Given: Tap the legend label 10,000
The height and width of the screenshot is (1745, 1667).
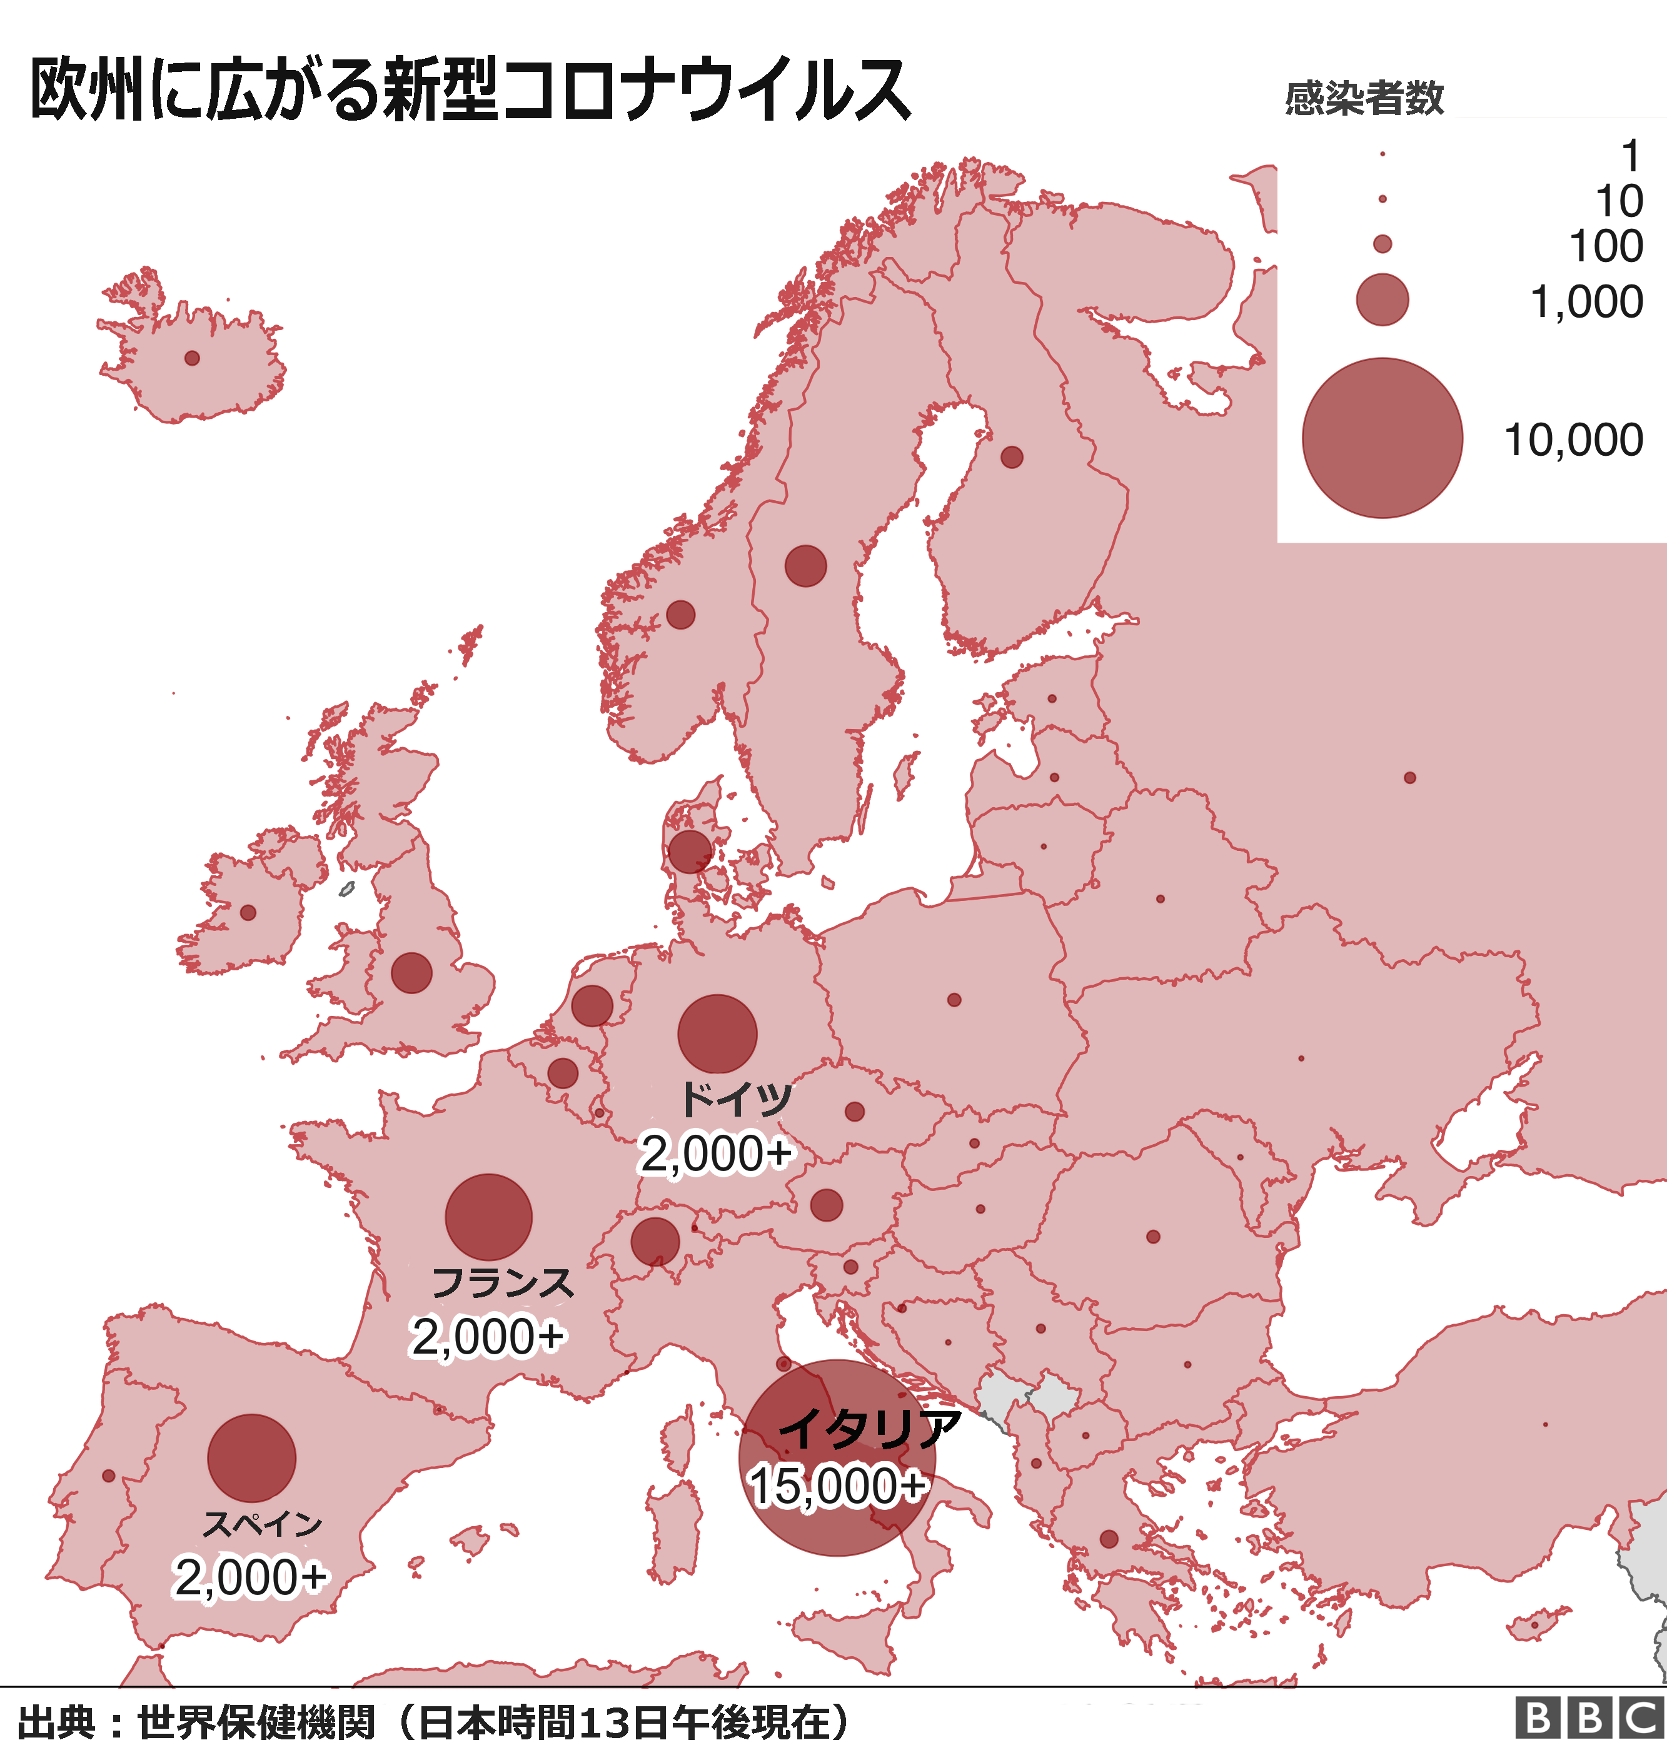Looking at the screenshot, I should pyautogui.click(x=1573, y=440).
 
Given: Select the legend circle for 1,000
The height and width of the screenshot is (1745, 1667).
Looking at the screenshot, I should pyautogui.click(x=1382, y=299).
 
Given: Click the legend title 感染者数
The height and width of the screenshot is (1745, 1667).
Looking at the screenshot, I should pyautogui.click(x=1364, y=98).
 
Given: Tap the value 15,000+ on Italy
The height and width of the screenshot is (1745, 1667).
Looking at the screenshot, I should pyautogui.click(x=837, y=1486).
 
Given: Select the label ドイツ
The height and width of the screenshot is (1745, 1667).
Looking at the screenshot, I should pyautogui.click(x=736, y=1100).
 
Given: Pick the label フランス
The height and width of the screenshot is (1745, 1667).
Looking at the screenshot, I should pyautogui.click(x=503, y=1284).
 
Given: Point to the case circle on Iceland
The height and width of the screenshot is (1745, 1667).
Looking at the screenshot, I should pyautogui.click(x=192, y=358).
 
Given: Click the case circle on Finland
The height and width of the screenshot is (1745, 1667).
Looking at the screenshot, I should pyautogui.click(x=1011, y=456).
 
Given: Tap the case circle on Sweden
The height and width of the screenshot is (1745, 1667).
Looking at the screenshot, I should pyautogui.click(x=805, y=566).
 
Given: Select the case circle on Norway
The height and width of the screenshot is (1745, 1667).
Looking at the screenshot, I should pyautogui.click(x=680, y=614).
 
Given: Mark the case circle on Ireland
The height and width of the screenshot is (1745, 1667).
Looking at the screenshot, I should pyautogui.click(x=248, y=912).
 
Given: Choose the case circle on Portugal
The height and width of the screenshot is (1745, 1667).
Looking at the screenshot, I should pyautogui.click(x=108, y=1476).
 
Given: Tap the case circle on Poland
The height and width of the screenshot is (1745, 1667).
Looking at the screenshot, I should pyautogui.click(x=954, y=1000).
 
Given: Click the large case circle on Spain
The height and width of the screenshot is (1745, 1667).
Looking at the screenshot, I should pyautogui.click(x=251, y=1458).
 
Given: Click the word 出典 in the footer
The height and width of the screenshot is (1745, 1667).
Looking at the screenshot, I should pyautogui.click(x=55, y=1720).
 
